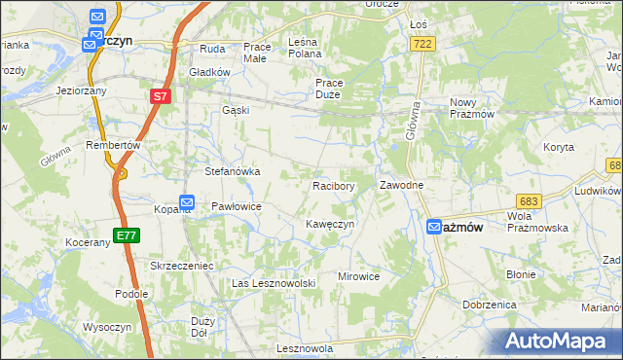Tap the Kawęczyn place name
click(329, 224)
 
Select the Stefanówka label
click(232, 171)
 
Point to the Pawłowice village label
click(237, 206)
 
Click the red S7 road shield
click(161, 97)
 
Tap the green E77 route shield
click(127, 235)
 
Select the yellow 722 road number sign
click(422, 45)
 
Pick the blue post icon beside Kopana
click(188, 203)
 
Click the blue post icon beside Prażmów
click(435, 227)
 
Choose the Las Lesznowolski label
click(275, 282)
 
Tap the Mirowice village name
click(358, 276)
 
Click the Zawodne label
click(400, 185)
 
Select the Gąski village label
click(236, 110)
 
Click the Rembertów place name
click(115, 144)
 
